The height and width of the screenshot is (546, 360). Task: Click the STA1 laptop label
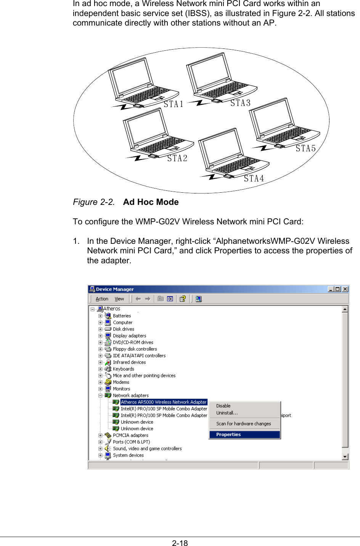coord(174,104)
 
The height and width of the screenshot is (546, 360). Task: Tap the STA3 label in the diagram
coord(240,103)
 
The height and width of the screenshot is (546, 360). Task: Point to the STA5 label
coord(306,148)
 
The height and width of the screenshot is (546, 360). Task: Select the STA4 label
coord(254,179)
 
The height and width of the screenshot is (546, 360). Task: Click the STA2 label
coord(177,158)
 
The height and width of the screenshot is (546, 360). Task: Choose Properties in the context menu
coord(228,435)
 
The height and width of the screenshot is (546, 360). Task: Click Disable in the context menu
coord(223,406)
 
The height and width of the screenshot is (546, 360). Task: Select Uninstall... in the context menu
coord(227,413)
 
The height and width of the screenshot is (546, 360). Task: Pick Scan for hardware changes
coord(243,424)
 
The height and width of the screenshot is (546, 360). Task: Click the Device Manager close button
coord(345,289)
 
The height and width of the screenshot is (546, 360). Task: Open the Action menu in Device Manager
coord(102,299)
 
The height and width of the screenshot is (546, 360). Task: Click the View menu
coord(119,299)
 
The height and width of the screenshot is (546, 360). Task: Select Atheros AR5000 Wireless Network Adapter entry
coord(164,402)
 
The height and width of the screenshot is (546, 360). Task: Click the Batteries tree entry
coord(122,316)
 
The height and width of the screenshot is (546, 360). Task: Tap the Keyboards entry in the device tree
coord(124,369)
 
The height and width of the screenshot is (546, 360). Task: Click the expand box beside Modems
coord(100,382)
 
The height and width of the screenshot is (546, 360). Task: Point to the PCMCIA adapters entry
coord(130,435)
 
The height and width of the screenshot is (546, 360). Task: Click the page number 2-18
coord(180,543)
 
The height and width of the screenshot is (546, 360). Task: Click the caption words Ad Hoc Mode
coord(151,202)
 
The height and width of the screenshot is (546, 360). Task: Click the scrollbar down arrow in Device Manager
coord(345,457)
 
